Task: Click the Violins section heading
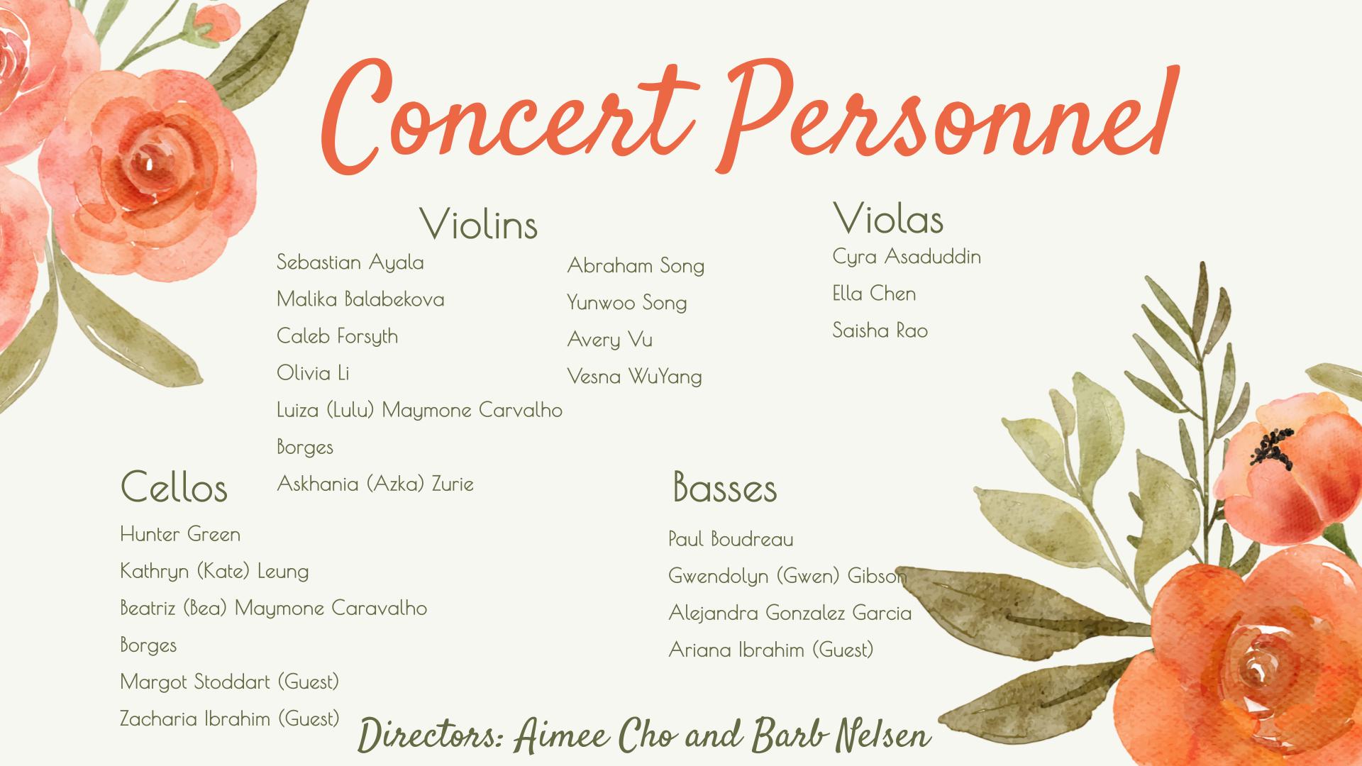point(479,224)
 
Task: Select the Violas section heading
point(888,218)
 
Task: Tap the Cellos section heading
point(174,487)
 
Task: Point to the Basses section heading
point(725,487)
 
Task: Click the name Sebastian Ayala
point(350,262)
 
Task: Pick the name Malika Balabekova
point(360,299)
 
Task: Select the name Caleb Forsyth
point(338,336)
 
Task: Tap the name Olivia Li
point(313,373)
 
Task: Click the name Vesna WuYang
point(635,377)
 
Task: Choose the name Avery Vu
point(610,340)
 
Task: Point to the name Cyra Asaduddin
point(907,257)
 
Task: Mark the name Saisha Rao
point(880,331)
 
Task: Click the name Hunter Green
point(180,534)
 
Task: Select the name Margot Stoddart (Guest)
point(230,682)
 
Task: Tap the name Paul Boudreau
point(731,539)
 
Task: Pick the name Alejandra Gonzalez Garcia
point(790,613)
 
